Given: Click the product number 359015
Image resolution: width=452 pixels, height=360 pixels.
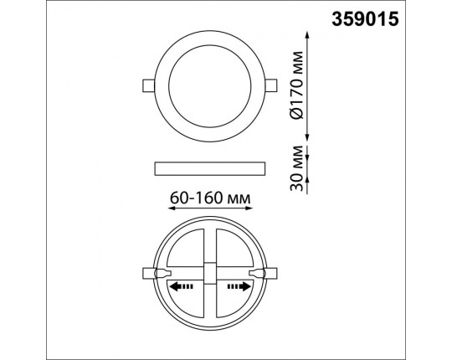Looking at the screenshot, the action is coord(365,19).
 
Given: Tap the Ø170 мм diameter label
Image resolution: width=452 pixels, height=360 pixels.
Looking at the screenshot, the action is coord(297,85).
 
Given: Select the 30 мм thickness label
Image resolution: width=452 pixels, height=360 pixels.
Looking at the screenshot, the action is coord(297,168).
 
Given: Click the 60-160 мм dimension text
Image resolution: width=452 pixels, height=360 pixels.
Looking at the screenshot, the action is coord(210,198).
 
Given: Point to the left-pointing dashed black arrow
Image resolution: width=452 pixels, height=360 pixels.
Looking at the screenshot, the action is coord(181,286).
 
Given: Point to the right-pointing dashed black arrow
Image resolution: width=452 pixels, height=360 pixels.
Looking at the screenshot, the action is coord(239,286).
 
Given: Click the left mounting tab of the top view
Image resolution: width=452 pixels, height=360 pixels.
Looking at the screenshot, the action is coord(149,85).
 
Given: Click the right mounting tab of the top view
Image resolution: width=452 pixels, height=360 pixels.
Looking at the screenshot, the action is coord(271,85).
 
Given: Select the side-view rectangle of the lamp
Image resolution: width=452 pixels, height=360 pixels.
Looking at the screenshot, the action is coord(210,168).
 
